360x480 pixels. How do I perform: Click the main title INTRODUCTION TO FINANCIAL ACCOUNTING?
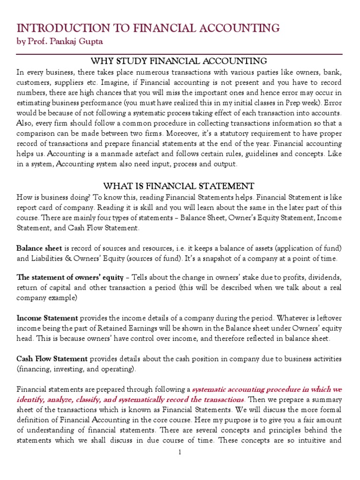148,29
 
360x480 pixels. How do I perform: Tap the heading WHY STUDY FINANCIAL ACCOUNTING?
179,61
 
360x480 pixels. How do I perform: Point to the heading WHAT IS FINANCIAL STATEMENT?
179,186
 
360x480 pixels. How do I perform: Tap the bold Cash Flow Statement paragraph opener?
52,359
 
